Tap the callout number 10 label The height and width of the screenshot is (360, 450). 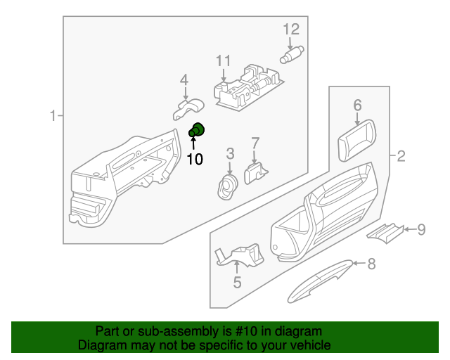195,160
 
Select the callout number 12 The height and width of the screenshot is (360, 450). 291,29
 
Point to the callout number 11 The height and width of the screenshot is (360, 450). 223,60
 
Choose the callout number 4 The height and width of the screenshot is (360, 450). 184,79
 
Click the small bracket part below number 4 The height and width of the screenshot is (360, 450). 187,109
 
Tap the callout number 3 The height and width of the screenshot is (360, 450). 230,153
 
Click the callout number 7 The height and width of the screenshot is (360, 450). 255,143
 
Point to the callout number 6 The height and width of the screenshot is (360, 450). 357,105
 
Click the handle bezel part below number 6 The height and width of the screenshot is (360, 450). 355,140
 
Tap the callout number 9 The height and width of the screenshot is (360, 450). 421,229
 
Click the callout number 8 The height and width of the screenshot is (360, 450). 372,264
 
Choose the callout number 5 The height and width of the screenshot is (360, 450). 237,283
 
